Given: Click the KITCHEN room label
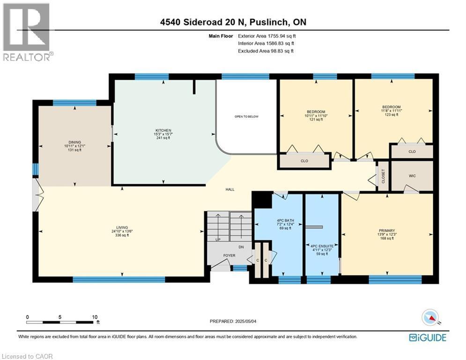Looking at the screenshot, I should [x=163, y=130].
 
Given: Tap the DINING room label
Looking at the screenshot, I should [x=74, y=142].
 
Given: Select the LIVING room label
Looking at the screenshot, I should [x=122, y=227].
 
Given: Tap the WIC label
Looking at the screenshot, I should [x=412, y=176].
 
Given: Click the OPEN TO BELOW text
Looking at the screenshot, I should [x=246, y=117].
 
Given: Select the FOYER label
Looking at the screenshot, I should [x=229, y=255].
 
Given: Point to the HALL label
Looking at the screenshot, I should [x=229, y=189].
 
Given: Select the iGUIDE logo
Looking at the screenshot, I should [x=428, y=337].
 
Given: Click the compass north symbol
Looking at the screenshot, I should [x=432, y=318].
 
